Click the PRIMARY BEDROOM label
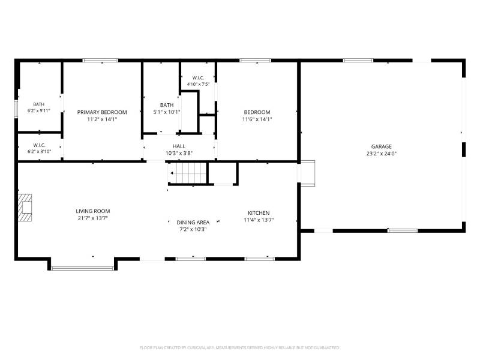(x=102, y=112)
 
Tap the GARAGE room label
(x=382, y=146)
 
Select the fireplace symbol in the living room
(x=25, y=208)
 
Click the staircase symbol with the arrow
(x=187, y=173)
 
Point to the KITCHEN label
(x=259, y=213)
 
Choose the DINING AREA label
(x=193, y=223)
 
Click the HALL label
(x=179, y=146)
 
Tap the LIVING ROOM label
(x=93, y=211)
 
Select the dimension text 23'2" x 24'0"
(x=382, y=154)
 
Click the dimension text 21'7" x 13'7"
(x=93, y=218)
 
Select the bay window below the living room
(x=83, y=268)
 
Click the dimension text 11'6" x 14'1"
(x=257, y=119)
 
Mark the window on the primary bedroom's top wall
(x=100, y=61)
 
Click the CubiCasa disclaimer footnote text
(x=239, y=348)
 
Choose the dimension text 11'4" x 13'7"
(x=259, y=220)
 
